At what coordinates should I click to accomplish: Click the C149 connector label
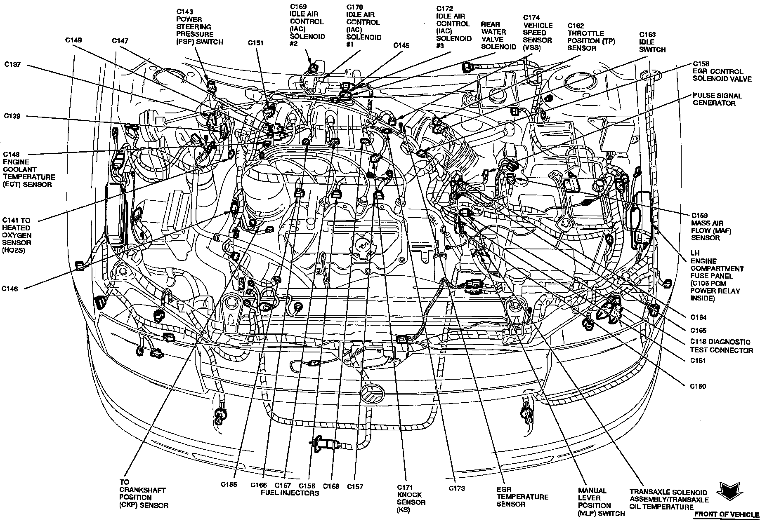73,40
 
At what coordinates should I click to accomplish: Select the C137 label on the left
12,65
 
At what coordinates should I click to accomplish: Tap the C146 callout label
9,289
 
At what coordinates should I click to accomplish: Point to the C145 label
401,45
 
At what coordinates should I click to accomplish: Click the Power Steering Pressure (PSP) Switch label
199,27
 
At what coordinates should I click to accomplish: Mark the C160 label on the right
698,386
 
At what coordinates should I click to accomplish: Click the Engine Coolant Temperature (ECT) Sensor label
29,169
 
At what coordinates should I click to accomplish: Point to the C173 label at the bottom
456,488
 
